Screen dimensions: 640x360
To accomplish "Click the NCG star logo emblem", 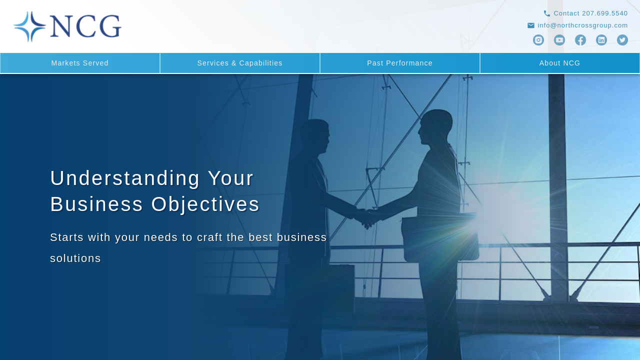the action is [x=29, y=26].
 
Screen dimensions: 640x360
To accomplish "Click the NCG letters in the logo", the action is [x=85, y=26].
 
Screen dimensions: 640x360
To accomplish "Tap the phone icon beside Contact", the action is [x=546, y=13].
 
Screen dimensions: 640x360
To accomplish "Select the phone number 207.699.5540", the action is [x=605, y=13].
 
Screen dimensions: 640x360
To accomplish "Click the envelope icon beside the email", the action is [x=531, y=25].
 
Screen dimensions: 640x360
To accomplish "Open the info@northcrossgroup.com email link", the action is [x=582, y=25].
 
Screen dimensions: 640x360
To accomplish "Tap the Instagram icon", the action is [x=538, y=40].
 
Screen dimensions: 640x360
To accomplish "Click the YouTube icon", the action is [x=559, y=40].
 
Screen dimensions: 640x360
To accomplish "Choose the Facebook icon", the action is [x=580, y=40].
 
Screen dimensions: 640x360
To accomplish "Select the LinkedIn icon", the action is [x=601, y=40].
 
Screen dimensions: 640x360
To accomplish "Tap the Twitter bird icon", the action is [x=622, y=40].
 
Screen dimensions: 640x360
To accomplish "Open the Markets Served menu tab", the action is [x=80, y=63].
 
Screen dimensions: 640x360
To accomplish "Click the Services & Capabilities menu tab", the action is [x=240, y=63].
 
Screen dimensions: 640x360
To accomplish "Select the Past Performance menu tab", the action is [x=400, y=63].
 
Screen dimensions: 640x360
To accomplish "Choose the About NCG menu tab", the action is [x=559, y=63].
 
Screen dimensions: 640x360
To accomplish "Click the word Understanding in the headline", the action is [x=125, y=178].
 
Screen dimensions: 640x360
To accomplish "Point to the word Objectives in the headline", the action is [x=205, y=205].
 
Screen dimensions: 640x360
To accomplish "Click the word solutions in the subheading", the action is [x=75, y=258].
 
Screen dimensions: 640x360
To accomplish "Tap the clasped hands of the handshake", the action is [x=367, y=217].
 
